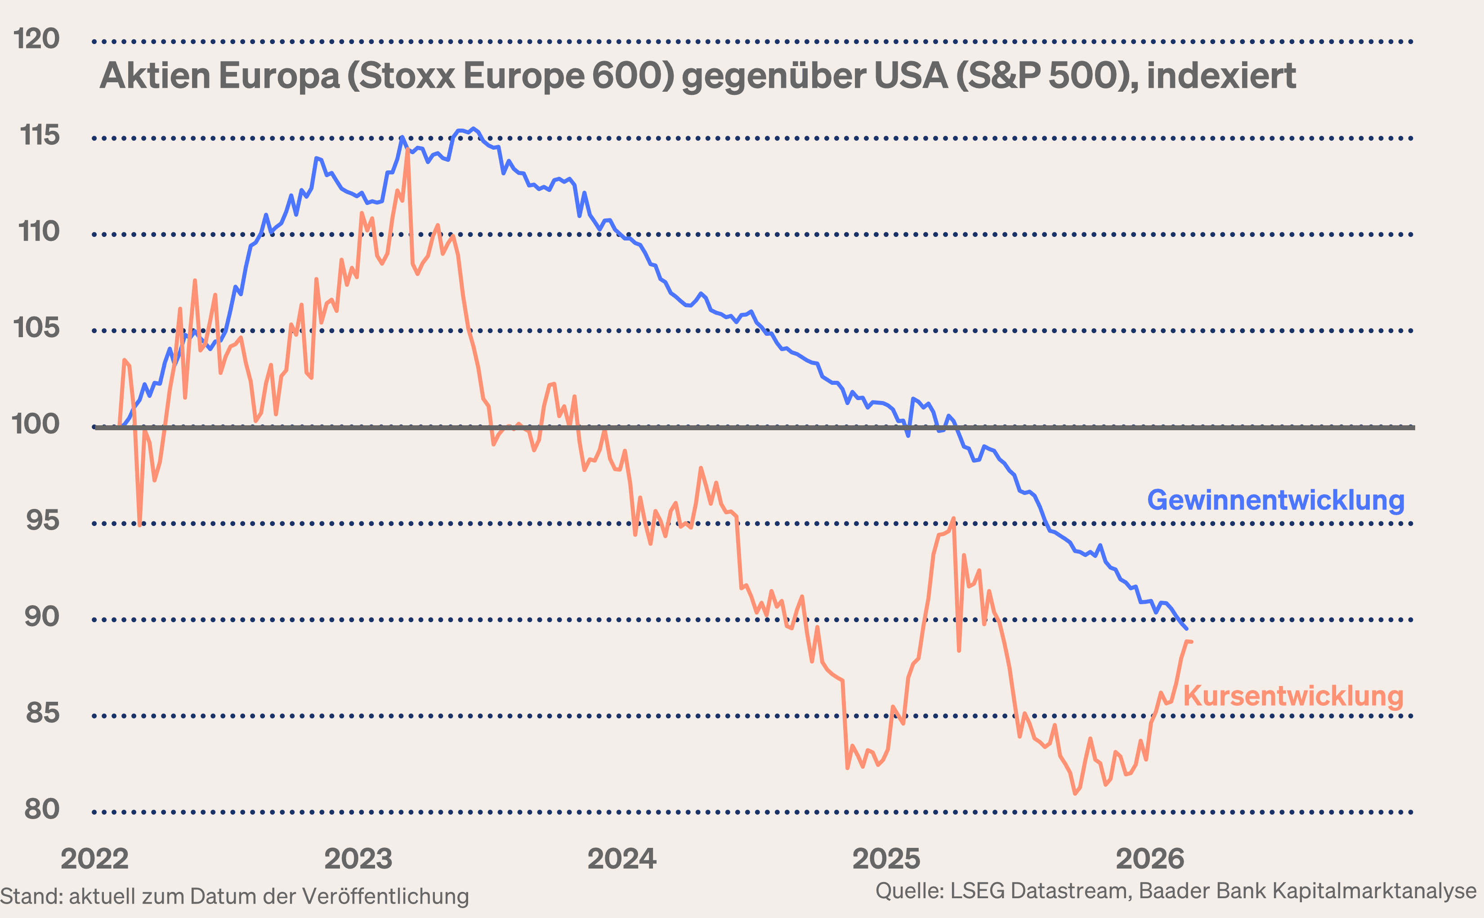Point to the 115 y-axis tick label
40,135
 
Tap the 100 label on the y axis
35,424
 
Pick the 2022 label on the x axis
95,859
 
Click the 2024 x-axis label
622,859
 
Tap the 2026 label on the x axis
1150,859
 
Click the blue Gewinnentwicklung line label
1276,500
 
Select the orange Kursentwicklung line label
1293,696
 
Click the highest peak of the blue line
474,129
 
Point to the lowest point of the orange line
1075,793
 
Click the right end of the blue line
1186,629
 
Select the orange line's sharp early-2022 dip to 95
140,525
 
